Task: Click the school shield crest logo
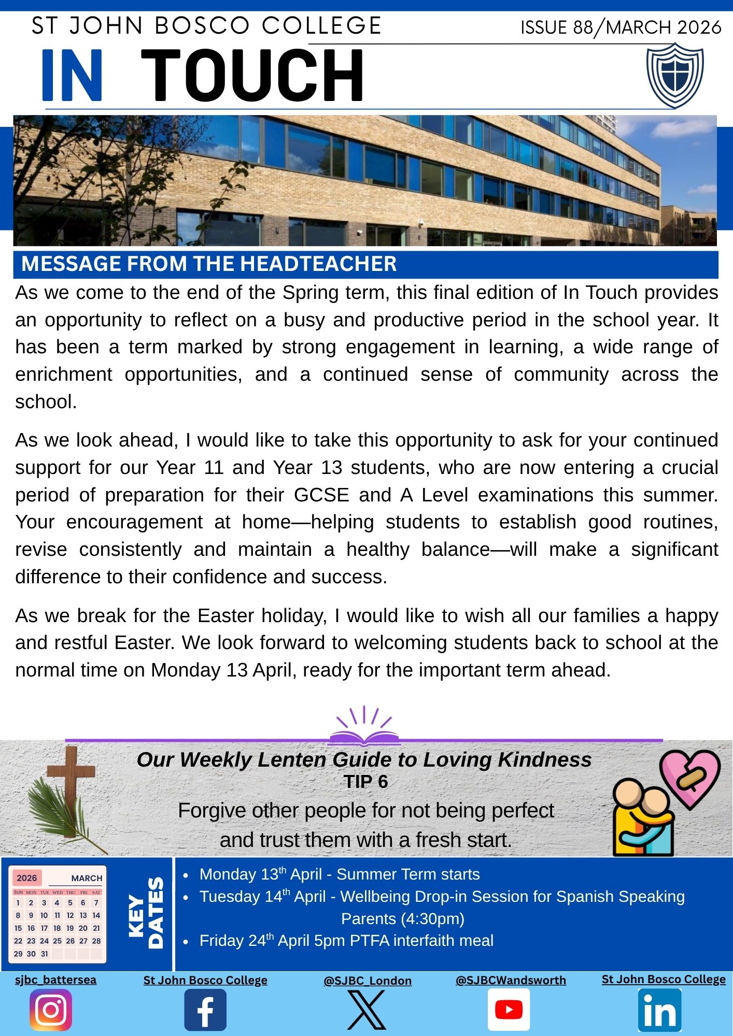tap(674, 76)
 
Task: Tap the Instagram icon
tap(51, 1010)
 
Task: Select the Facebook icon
tap(205, 1010)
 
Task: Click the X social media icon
tap(366, 1010)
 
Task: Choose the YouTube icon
tap(509, 1010)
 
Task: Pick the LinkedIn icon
tap(659, 1010)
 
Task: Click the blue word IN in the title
tap(73, 76)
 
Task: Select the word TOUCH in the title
tap(252, 76)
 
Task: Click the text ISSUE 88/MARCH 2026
tap(621, 27)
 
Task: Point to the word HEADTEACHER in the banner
tap(318, 264)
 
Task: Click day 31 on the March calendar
tap(44, 954)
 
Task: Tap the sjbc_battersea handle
tap(55, 980)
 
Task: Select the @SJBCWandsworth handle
tap(511, 980)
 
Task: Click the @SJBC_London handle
tap(368, 981)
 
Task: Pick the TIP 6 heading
tap(365, 782)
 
